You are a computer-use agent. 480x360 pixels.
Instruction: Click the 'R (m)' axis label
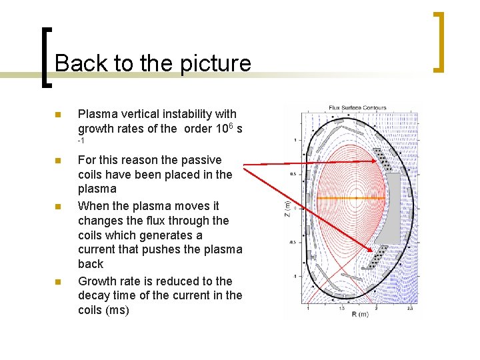tap(361, 314)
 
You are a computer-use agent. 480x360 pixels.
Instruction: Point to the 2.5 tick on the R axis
tap(409, 308)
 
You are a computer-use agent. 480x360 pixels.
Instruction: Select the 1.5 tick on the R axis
tap(341, 308)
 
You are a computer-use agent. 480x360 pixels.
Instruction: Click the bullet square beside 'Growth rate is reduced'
tap(57, 281)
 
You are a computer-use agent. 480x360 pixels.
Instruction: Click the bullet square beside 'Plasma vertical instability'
tap(57, 115)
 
